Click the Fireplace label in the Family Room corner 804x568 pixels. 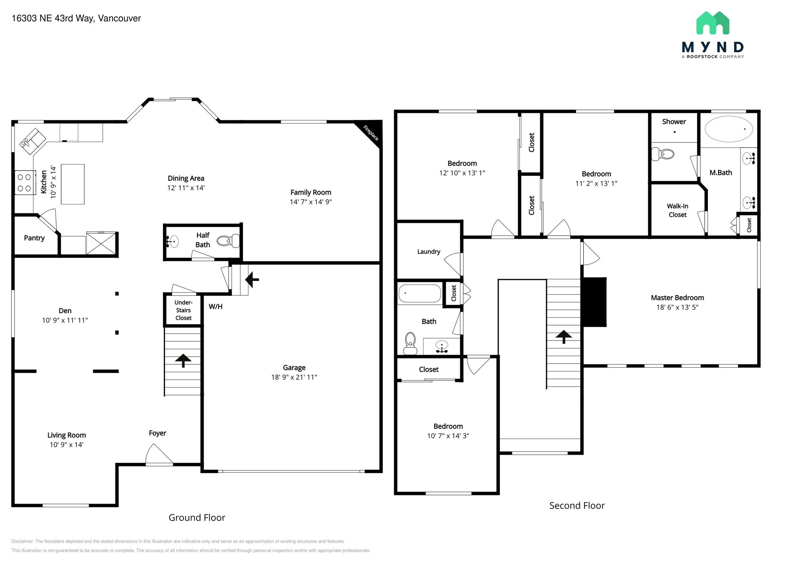(371, 133)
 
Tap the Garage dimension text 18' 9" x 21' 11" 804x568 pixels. (294, 377)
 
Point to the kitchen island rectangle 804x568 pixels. (73, 184)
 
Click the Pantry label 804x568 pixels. (34, 238)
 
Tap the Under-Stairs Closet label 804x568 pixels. (183, 310)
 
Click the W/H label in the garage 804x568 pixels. (216, 307)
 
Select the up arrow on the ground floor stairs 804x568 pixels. (183, 360)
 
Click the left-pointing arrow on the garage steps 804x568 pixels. (252, 280)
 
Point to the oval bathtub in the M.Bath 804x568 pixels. (729, 129)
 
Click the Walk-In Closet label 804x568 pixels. (678, 210)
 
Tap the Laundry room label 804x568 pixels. (429, 252)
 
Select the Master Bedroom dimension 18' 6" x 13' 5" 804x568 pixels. (677, 307)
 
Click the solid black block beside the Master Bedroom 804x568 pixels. (594, 302)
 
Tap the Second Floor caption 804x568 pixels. (577, 506)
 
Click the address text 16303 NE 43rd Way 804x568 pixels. (53, 18)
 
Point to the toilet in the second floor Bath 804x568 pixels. (410, 344)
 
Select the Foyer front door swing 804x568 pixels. (159, 454)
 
